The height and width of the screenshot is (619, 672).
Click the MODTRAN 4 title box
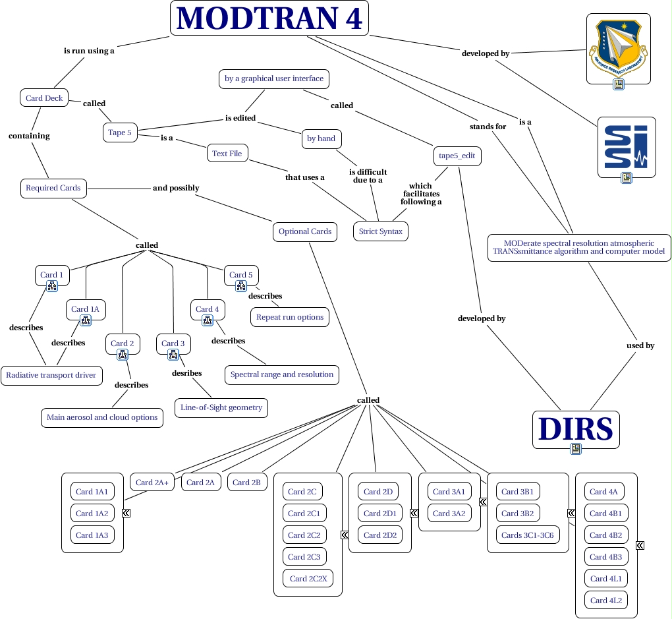click(x=269, y=18)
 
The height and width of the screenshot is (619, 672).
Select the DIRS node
click(x=576, y=428)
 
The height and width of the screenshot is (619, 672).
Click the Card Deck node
click(x=44, y=98)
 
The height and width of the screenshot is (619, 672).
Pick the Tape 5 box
click(x=120, y=133)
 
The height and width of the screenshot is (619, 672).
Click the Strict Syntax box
click(x=380, y=231)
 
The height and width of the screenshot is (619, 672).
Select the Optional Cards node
click(x=304, y=231)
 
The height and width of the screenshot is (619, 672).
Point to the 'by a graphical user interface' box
click(x=273, y=78)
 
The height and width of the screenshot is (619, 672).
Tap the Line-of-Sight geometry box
click(x=221, y=407)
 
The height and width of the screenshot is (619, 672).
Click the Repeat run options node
click(x=290, y=316)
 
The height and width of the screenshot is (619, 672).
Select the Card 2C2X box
click(x=308, y=579)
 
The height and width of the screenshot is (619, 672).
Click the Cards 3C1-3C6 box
click(x=527, y=535)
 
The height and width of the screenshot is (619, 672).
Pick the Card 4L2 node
click(x=605, y=600)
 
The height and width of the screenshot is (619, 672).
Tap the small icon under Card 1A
click(x=86, y=320)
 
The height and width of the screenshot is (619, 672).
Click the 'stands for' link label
click(x=488, y=126)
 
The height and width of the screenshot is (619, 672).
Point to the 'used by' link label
click(x=640, y=345)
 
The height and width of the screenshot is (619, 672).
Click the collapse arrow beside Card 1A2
click(x=126, y=513)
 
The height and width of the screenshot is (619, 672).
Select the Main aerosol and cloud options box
click(x=102, y=417)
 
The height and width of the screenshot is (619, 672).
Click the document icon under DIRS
click(x=576, y=449)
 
